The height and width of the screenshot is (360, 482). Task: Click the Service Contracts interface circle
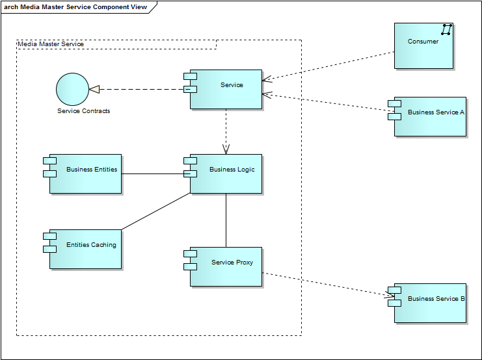72,89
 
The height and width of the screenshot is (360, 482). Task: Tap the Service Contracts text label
84,111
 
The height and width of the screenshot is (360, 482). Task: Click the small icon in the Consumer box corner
446,29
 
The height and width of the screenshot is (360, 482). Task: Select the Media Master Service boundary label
51,44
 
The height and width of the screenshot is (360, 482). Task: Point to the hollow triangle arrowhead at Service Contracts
94,89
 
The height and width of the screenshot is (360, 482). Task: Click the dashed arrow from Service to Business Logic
226,130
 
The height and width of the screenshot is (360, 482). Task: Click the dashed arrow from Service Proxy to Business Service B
325,285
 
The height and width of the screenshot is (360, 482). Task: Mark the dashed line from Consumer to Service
328,66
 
